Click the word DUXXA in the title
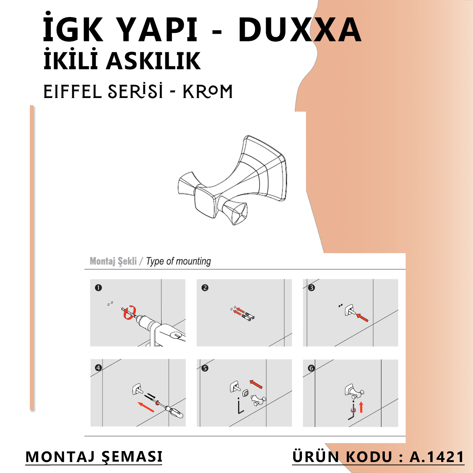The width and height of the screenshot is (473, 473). [x=300, y=30]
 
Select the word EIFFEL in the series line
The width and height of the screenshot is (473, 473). [x=72, y=92]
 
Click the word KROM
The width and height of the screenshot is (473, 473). [x=208, y=92]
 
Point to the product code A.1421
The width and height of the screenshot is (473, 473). [x=437, y=457]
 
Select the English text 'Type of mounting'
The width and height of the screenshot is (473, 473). [x=179, y=261]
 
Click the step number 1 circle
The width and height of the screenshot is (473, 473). [x=98, y=288]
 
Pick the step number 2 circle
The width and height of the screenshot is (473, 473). [x=205, y=288]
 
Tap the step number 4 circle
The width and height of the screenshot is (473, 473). [x=98, y=368]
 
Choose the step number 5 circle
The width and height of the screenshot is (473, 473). [x=205, y=368]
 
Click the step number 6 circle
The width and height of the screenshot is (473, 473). [x=311, y=368]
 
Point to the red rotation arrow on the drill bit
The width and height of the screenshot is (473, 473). [x=129, y=313]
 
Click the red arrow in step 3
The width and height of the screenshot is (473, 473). [x=362, y=317]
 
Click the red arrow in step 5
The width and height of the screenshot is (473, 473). [x=256, y=384]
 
